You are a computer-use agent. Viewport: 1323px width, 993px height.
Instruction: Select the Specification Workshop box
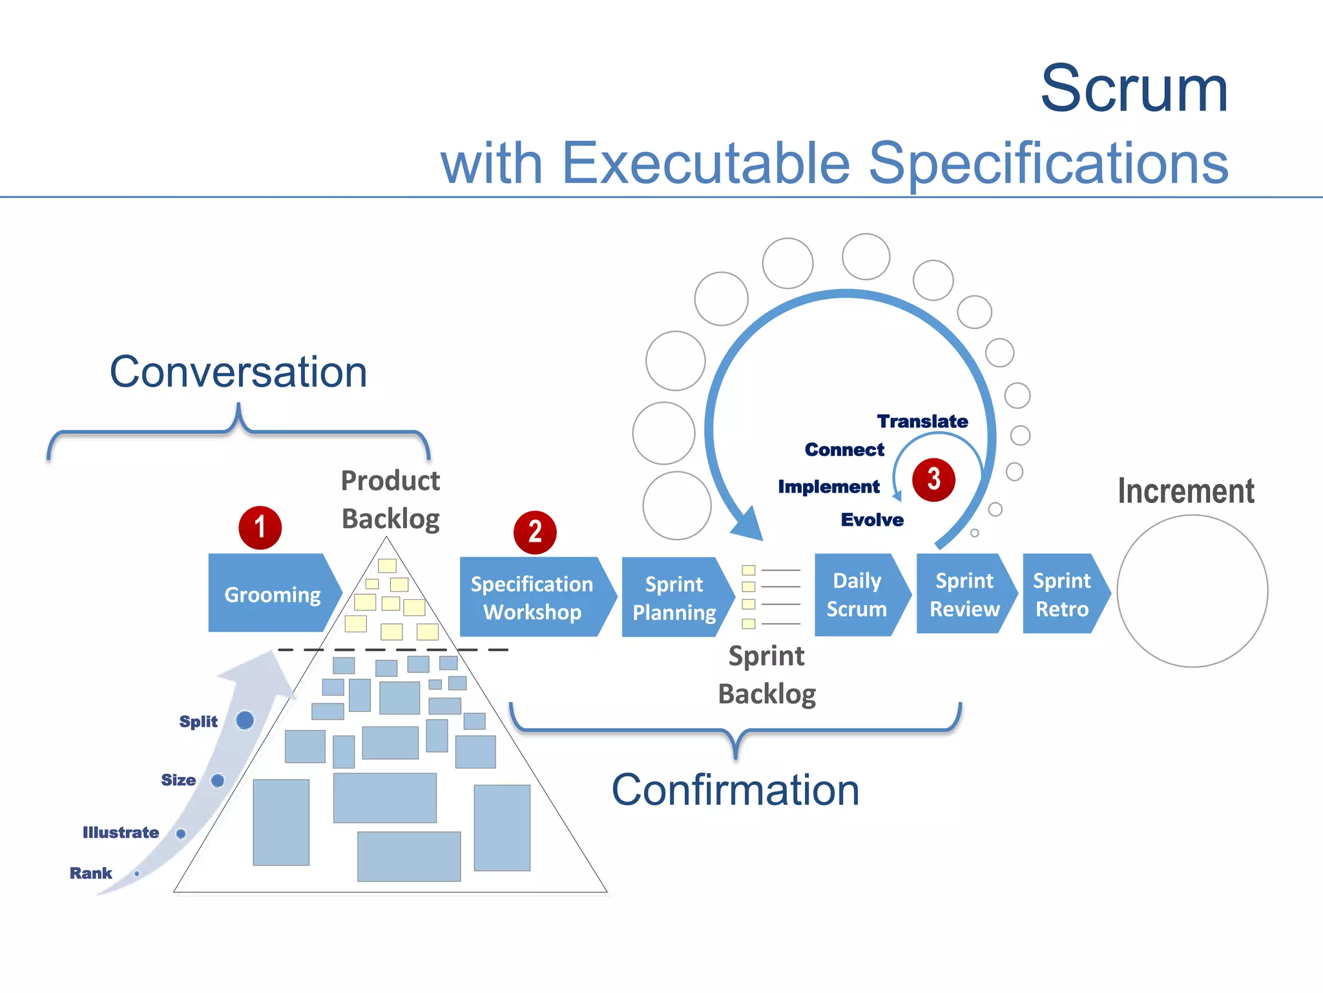click(532, 597)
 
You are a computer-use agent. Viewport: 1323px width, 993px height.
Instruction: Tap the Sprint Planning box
click(674, 598)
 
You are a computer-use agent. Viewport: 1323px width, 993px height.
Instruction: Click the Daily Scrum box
click(857, 594)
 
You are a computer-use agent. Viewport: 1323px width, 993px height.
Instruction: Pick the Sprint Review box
click(964, 594)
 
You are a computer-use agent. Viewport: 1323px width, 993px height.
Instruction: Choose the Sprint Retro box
click(1062, 594)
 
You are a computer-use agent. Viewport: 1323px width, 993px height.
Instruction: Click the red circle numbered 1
click(260, 528)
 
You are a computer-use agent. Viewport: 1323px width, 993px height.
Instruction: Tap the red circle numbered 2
click(535, 532)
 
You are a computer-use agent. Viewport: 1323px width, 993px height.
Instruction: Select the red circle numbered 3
click(933, 480)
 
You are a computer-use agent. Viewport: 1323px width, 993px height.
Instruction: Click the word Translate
click(922, 422)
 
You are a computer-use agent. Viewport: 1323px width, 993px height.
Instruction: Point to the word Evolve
click(872, 520)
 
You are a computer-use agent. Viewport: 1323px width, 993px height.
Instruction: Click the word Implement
click(828, 487)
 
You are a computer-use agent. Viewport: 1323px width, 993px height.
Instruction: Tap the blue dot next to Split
click(245, 720)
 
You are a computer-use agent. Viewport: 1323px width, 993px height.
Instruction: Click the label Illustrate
click(121, 833)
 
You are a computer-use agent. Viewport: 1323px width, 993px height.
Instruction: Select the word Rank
click(91, 873)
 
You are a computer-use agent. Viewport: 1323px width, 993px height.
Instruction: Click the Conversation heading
click(238, 372)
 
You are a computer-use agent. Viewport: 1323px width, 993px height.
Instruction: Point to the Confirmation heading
click(735, 790)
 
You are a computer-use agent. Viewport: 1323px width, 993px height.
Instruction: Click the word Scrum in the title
click(1134, 89)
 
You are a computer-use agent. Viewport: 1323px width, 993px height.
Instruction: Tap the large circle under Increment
click(1192, 591)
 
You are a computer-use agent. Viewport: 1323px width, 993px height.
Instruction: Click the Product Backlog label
click(390, 500)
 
